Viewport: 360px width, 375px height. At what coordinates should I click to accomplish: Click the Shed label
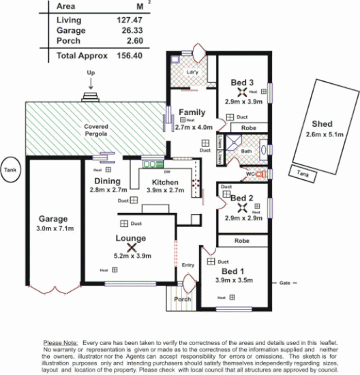click(322, 124)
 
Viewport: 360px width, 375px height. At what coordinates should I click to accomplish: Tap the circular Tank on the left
click(10, 170)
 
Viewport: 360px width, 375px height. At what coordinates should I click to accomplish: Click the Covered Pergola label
click(96, 131)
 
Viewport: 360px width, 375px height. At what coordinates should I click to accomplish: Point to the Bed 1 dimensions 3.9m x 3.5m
click(233, 280)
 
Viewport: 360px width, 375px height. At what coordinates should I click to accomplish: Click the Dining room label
click(108, 181)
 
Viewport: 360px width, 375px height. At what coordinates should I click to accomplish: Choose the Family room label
click(192, 112)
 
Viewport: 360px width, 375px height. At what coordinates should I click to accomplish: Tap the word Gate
click(285, 282)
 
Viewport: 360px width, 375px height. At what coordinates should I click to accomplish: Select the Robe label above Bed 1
click(241, 241)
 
